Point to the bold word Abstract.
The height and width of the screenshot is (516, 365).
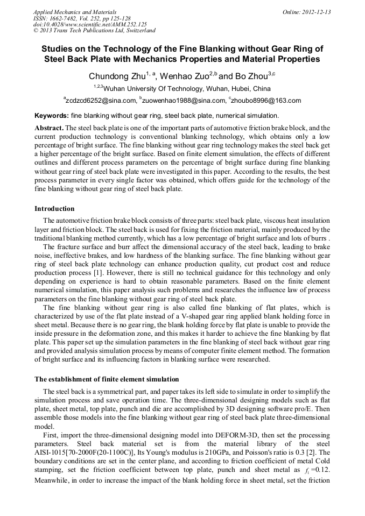[x=49, y=128]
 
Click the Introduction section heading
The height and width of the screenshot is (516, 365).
[x=54, y=209]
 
